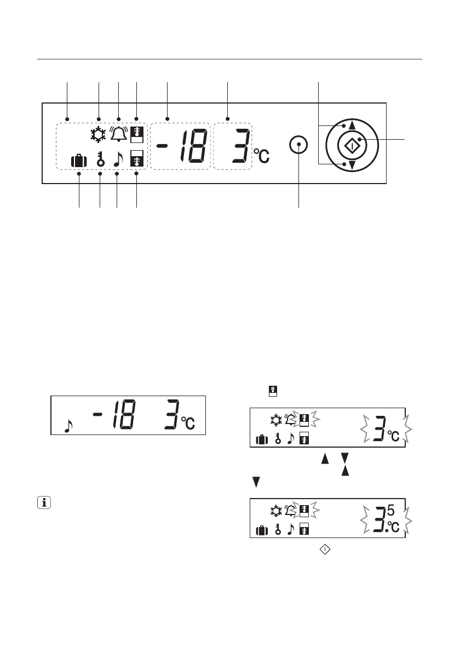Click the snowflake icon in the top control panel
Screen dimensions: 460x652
[x=99, y=135]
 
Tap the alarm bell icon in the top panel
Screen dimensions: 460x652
[x=119, y=134]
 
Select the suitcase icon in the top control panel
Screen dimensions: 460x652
[x=79, y=161]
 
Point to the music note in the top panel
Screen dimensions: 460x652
[x=118, y=159]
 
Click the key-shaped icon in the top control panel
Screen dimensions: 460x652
[x=101, y=159]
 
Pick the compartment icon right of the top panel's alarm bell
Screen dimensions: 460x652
[x=137, y=134]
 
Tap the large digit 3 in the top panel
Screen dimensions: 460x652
[x=242, y=146]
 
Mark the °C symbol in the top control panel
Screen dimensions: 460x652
[x=261, y=156]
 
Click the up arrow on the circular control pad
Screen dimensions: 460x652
[x=352, y=125]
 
